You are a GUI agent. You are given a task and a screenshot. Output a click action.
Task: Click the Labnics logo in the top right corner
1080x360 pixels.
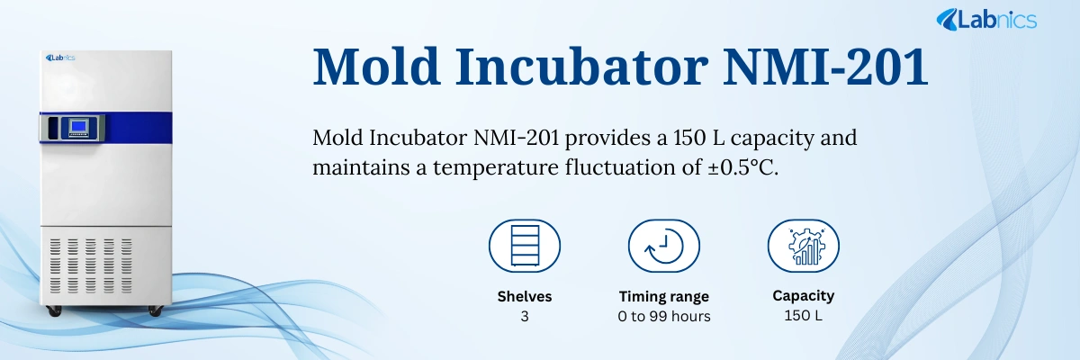click(x=986, y=19)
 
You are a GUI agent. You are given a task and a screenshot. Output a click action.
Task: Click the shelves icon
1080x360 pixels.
click(x=524, y=246)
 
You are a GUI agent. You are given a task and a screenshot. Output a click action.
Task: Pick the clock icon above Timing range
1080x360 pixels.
click(x=663, y=246)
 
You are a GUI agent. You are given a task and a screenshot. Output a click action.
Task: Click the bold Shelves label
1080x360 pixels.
click(x=524, y=296)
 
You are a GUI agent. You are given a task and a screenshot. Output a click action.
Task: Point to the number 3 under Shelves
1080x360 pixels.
click(x=524, y=316)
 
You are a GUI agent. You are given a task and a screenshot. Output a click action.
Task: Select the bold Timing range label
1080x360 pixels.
click(x=663, y=296)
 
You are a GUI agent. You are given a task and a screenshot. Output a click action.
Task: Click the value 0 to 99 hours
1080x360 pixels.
click(x=663, y=316)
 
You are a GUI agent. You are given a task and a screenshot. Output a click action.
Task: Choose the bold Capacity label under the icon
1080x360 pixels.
click(x=803, y=295)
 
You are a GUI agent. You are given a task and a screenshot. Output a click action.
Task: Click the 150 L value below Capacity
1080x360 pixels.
click(x=803, y=316)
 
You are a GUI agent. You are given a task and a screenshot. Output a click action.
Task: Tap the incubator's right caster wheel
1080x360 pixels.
click(x=154, y=310)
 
